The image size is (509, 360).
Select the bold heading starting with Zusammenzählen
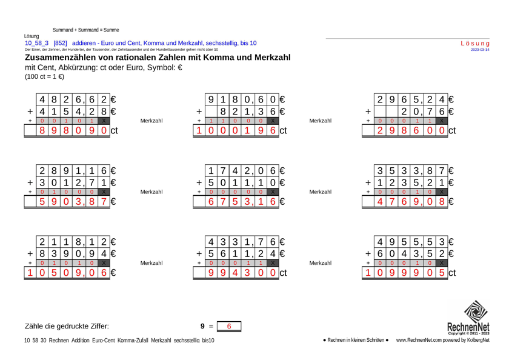click(x=158, y=58)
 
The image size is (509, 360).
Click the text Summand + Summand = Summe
click(x=85, y=30)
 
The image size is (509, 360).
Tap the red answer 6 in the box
click(x=229, y=327)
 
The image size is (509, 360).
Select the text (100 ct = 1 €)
click(x=44, y=77)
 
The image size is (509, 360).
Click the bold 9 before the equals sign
click(x=202, y=327)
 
